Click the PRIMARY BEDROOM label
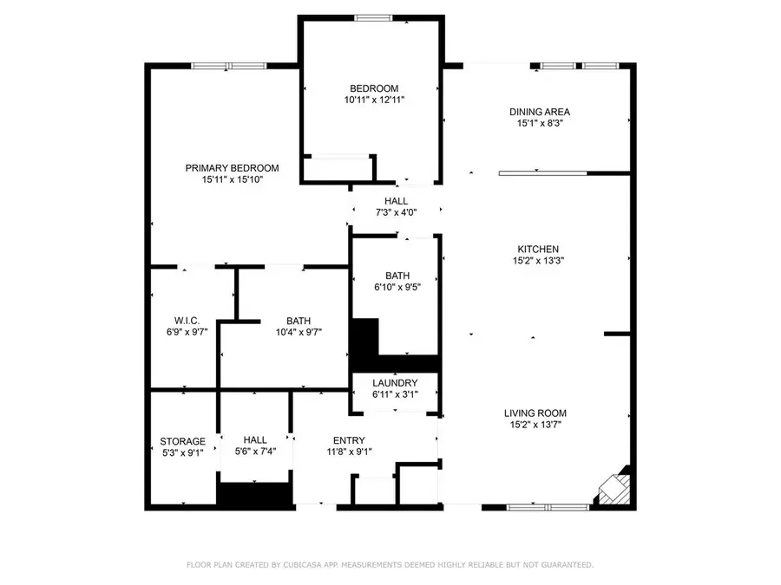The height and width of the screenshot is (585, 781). tap(232, 168)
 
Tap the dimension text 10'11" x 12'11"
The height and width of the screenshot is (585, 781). tap(374, 100)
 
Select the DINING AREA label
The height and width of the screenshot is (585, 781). tap(540, 112)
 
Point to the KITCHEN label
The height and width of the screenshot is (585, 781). tap(540, 249)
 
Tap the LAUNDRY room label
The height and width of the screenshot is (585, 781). tap(395, 383)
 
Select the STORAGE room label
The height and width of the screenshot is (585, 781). tap(182, 441)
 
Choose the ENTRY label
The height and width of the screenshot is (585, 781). tap(349, 440)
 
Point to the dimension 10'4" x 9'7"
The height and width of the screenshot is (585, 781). tap(299, 331)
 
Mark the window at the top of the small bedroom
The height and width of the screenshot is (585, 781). tap(373, 17)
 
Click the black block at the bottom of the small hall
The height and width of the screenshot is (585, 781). tap(253, 495)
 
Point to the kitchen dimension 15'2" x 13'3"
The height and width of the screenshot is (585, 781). tap(540, 260)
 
